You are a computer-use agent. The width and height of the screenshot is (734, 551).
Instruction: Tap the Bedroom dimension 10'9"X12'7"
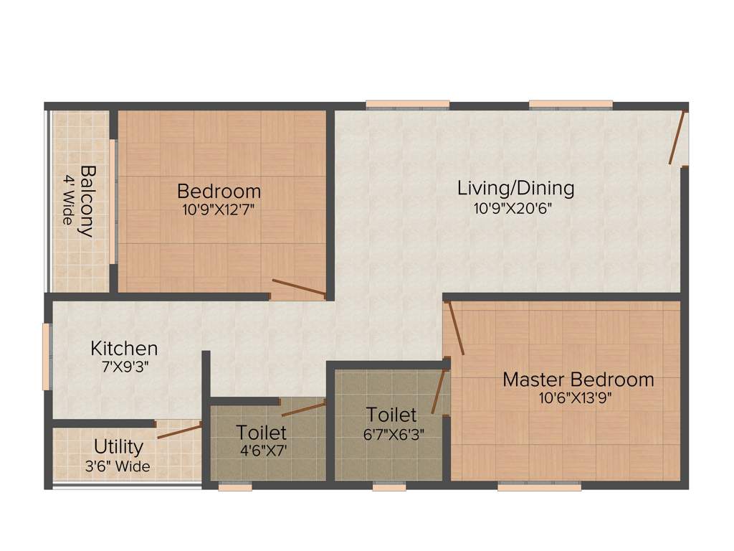tap(219, 210)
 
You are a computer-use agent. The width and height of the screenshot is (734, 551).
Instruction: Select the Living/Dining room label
tap(515, 188)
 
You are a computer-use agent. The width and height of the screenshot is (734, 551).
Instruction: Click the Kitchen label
tap(124, 349)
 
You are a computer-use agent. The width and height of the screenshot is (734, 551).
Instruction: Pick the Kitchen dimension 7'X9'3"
tap(124, 366)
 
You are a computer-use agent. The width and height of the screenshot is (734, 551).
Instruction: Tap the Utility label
tap(118, 448)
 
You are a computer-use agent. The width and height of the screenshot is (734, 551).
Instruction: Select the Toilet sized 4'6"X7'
tap(262, 433)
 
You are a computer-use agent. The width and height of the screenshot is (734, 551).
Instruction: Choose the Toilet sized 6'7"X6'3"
tap(391, 415)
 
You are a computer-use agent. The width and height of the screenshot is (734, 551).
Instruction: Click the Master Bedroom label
tap(578, 380)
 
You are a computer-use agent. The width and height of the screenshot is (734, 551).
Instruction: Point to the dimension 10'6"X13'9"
tap(578, 397)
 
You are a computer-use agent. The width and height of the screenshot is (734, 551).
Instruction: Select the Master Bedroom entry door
tap(454, 329)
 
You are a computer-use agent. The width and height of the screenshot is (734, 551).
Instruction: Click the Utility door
tap(179, 431)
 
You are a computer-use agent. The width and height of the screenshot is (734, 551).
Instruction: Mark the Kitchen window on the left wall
tap(47, 357)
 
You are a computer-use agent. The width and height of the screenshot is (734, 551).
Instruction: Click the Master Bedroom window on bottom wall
tap(539, 486)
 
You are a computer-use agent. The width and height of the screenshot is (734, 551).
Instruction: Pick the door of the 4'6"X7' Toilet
tap(303, 409)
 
